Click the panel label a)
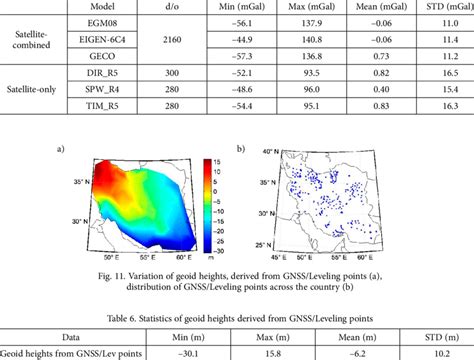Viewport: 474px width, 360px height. coord(62,150)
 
